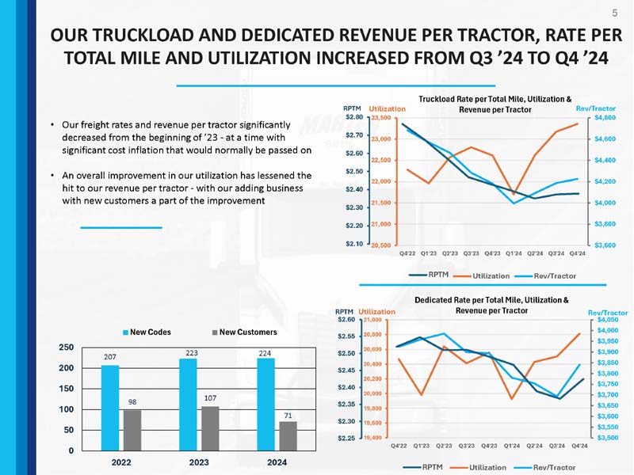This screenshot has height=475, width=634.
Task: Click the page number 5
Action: [615, 12]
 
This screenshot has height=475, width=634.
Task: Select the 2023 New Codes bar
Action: [188, 404]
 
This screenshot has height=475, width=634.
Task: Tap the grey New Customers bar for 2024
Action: [288, 435]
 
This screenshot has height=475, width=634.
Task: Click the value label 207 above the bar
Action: [110, 358]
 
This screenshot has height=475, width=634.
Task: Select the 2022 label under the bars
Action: [120, 462]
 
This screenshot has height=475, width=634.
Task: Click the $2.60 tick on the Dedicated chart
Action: [346, 320]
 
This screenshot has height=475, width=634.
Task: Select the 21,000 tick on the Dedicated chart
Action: [373, 320]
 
